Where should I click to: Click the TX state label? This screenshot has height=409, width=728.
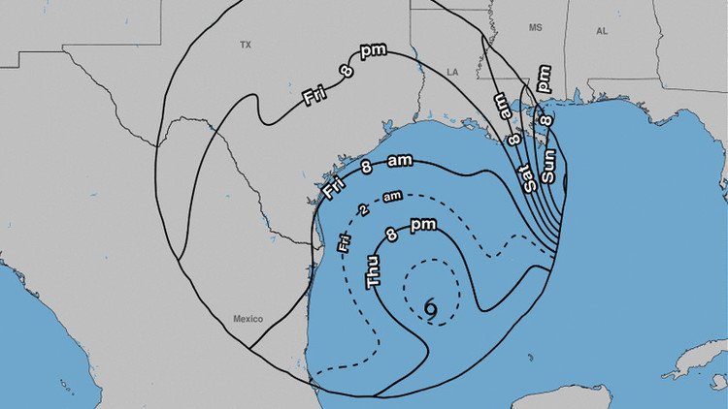pos(246,45)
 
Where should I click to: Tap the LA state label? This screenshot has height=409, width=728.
pos(452,72)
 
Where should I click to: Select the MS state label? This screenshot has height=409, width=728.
pos(535,29)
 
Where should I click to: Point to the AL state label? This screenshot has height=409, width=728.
pos(602,31)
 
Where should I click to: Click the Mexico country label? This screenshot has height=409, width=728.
pos(248,319)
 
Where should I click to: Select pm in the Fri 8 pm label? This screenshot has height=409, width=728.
pos(373,51)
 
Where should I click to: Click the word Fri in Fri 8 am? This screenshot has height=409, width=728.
pos(333,186)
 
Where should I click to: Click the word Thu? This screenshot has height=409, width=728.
pos(374,267)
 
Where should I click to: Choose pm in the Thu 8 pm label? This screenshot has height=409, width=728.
pos(423,226)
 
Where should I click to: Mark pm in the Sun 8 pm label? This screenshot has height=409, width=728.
pos(543,79)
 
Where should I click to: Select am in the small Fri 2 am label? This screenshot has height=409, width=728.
pos(392,197)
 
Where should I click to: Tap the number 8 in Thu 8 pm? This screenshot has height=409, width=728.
pos(392,235)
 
